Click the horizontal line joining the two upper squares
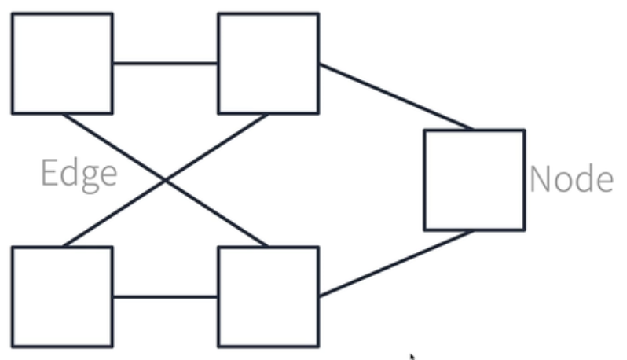tap(166, 63)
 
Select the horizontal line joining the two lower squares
tap(166, 297)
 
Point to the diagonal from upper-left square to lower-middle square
tap(166, 181)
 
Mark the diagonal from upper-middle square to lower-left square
tap(166, 181)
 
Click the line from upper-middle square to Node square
tap(397, 97)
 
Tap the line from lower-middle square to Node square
tap(397, 263)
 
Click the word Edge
tap(79, 175)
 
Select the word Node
tap(572, 179)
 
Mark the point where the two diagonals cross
tap(166, 181)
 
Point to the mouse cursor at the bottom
tap(412, 356)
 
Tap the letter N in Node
tap(541, 179)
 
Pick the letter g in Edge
tap(90, 180)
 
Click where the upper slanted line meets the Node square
tap(474, 129)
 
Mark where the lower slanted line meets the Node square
tap(474, 231)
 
